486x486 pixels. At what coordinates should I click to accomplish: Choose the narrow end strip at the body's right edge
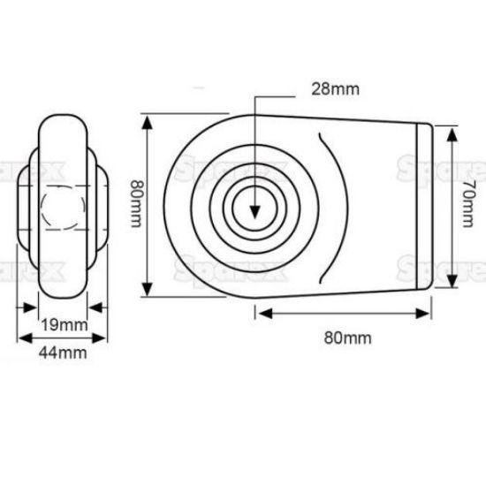tap(425, 206)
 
